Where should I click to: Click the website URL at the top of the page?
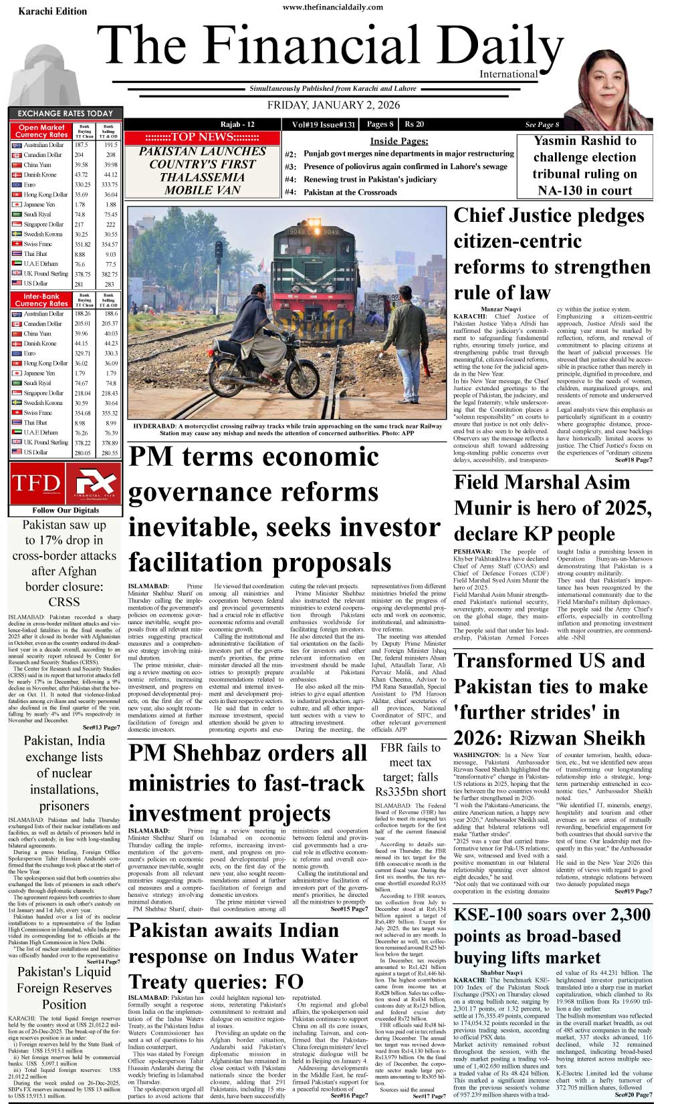click(x=333, y=7)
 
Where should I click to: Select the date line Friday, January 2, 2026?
click(x=333, y=106)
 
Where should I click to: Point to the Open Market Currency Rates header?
click(x=41, y=131)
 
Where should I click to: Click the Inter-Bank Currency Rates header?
click(x=41, y=299)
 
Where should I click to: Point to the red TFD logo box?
click(x=36, y=482)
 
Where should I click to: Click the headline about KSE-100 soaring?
click(x=552, y=936)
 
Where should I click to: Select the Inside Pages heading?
click(x=398, y=141)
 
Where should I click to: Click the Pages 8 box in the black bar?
click(x=380, y=124)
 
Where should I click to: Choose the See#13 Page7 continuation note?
click(x=102, y=727)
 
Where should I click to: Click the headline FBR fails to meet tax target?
click(x=411, y=769)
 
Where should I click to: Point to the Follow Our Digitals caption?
click(x=65, y=510)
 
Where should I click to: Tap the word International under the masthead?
click(x=508, y=74)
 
